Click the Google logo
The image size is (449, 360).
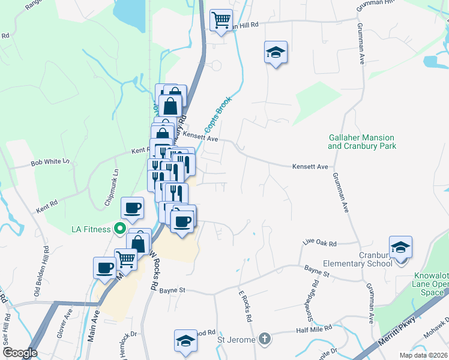click(x=20, y=353)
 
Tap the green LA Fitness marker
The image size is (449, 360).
click(x=120, y=229)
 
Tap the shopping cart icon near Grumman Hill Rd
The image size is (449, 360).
click(x=221, y=20)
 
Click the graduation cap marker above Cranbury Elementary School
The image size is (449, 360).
click(x=400, y=247)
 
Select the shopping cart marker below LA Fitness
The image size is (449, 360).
click(x=125, y=259)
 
